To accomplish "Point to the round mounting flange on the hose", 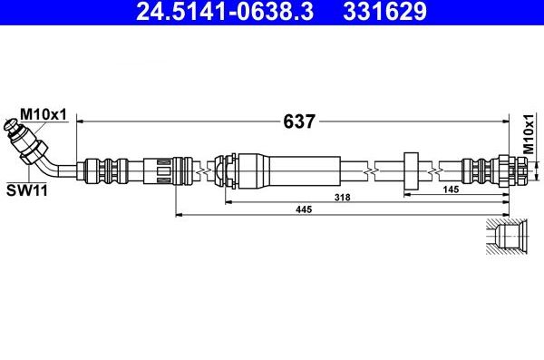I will [410, 169].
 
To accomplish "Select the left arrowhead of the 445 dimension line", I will [179, 215].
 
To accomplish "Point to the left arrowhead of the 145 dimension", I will [407, 194].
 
